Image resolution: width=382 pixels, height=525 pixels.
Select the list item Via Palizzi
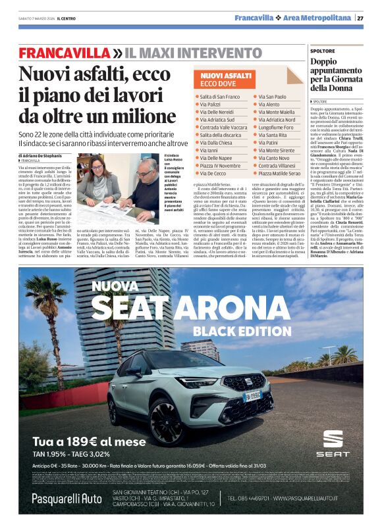tap(211, 105)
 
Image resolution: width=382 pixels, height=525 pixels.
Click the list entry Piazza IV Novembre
tap(221, 166)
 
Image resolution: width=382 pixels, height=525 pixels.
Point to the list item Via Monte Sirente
tap(276, 151)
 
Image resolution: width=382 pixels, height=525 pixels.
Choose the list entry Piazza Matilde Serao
tap(279, 173)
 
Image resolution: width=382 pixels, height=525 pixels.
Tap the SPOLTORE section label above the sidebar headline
tap(323, 50)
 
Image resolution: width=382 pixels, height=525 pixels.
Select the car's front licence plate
tap(253, 396)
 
